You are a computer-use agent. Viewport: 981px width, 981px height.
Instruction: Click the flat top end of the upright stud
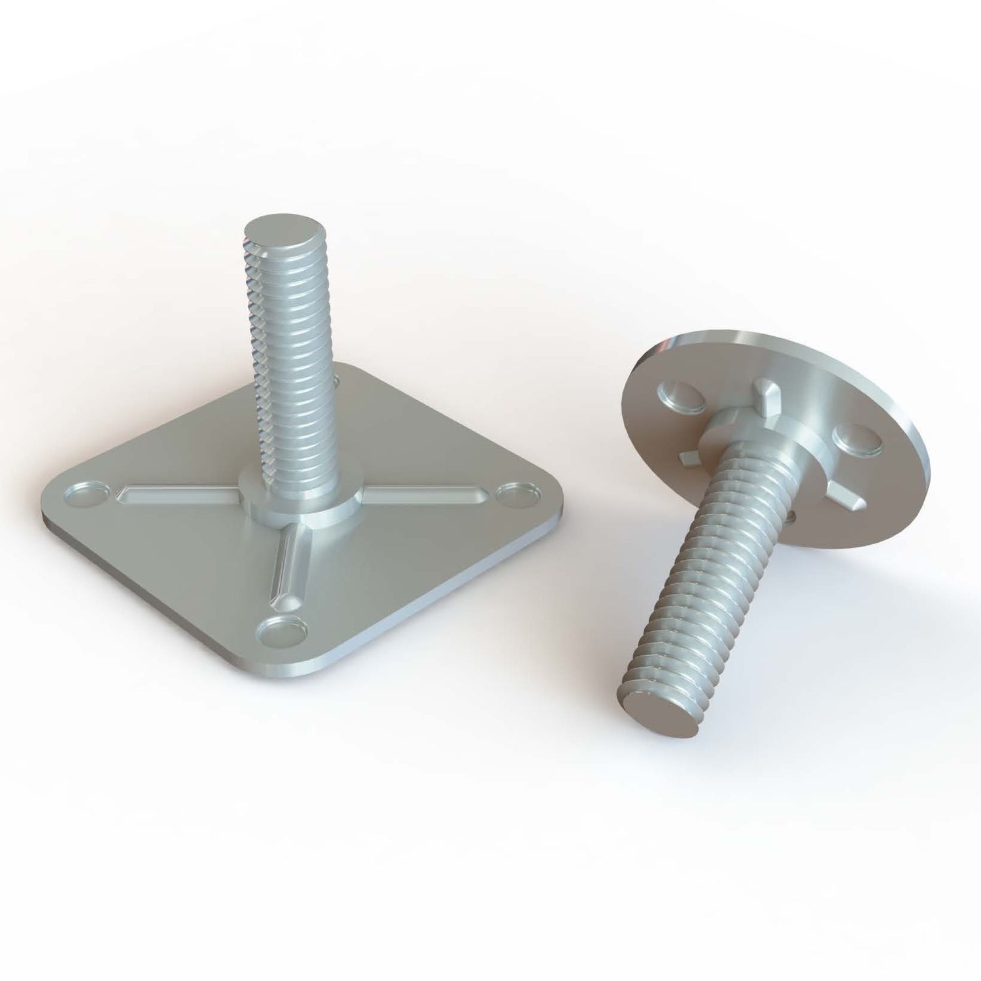(x=285, y=231)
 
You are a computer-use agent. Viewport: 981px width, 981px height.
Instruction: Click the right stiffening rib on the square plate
(x=419, y=496)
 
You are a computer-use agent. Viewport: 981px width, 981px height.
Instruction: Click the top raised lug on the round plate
(x=765, y=393)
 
